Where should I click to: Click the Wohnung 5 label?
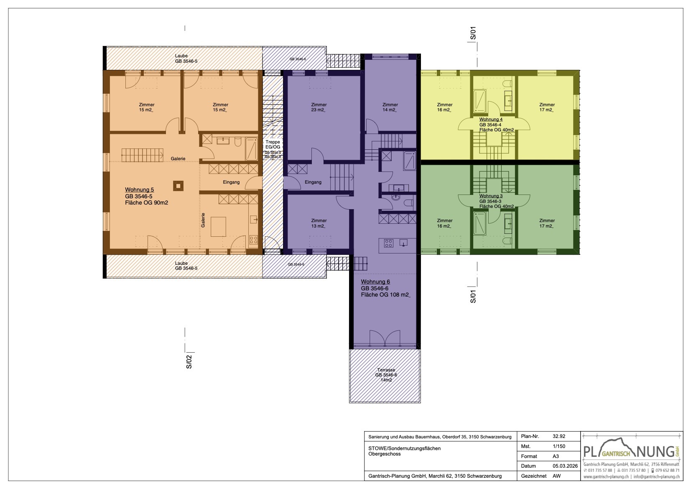pyautogui.click(x=139, y=189)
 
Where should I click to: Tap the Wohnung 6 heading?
pyautogui.click(x=375, y=282)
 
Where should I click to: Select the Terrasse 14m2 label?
pyautogui.click(x=385, y=375)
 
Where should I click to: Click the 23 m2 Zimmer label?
pyautogui.click(x=319, y=108)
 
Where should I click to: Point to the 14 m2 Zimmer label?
pyautogui.click(x=390, y=108)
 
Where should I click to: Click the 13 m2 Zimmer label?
pyautogui.click(x=319, y=223)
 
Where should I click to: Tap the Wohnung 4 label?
pyautogui.click(x=491, y=119)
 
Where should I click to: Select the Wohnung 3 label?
pyautogui.click(x=491, y=196)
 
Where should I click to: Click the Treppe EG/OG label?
pyautogui.click(x=273, y=145)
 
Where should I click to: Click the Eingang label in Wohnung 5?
pyautogui.click(x=231, y=182)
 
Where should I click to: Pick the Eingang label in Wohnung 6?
pyautogui.click(x=313, y=182)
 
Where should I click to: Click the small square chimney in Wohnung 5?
pyautogui.click(x=178, y=185)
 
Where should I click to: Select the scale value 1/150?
pyautogui.click(x=558, y=446)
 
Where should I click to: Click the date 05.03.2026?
pyautogui.click(x=565, y=466)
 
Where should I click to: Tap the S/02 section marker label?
pyautogui.click(x=189, y=361)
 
